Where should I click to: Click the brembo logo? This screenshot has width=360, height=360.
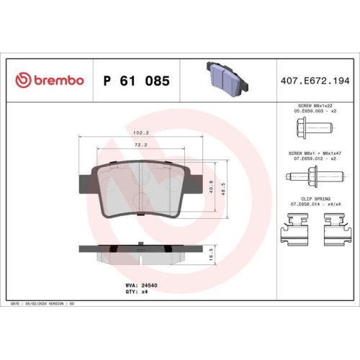click(x=50, y=81)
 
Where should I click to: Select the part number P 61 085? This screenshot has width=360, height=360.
click(x=137, y=81)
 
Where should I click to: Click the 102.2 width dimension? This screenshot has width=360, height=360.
click(x=142, y=133)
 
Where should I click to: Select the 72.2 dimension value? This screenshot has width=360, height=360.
click(x=142, y=145)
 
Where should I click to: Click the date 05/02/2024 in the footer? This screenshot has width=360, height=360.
click(x=48, y=305)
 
